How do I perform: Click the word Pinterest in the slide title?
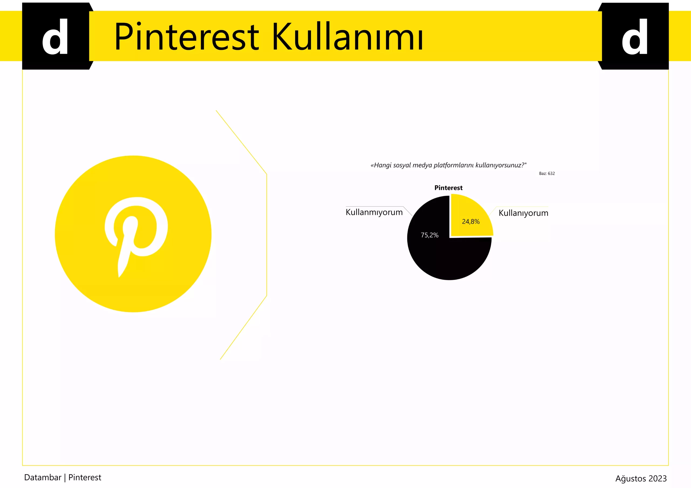pyautogui.click(x=187, y=36)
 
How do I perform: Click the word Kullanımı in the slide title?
pyautogui.click(x=348, y=36)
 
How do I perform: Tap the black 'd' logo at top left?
pyautogui.click(x=56, y=36)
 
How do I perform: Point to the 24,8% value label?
pyautogui.click(x=471, y=221)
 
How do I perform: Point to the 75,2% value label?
pyautogui.click(x=429, y=235)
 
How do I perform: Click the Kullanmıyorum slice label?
pyautogui.click(x=374, y=212)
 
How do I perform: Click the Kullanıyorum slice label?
pyautogui.click(x=523, y=213)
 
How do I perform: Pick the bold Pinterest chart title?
pyautogui.click(x=448, y=188)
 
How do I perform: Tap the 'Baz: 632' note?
pyautogui.click(x=547, y=173)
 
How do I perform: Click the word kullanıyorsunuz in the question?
pyautogui.click(x=500, y=165)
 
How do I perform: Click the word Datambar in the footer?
pyautogui.click(x=43, y=477)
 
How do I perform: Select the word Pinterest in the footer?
pyautogui.click(x=85, y=477)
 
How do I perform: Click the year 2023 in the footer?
pyautogui.click(x=658, y=479)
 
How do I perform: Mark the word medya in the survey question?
pyautogui.click(x=422, y=165)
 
